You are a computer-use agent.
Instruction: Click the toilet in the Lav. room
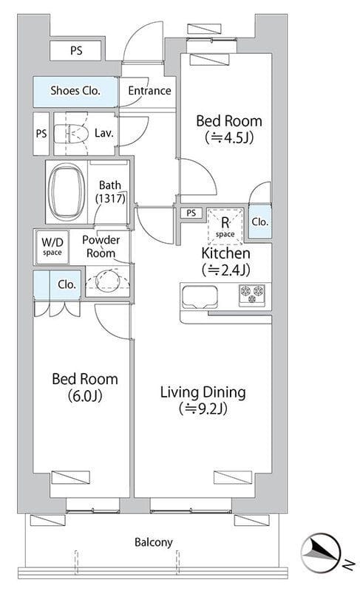[x=71, y=134]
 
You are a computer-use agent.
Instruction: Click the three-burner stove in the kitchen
[x=252, y=294]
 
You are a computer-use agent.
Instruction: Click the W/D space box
[x=52, y=247]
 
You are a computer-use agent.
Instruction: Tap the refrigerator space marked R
[x=225, y=225]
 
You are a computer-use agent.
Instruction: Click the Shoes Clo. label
[x=75, y=91]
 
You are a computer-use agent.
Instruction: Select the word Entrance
[x=149, y=91]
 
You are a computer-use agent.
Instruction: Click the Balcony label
[x=154, y=542]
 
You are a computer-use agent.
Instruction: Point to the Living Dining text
[x=203, y=392]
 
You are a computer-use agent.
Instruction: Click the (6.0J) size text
[x=85, y=396]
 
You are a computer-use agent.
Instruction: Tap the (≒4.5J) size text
[x=229, y=137]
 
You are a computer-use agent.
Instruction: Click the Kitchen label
[x=225, y=253]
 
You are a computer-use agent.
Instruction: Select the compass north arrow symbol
[x=320, y=552]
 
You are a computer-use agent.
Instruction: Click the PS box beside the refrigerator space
[x=191, y=213]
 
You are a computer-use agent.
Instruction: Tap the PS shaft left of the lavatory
[x=41, y=134]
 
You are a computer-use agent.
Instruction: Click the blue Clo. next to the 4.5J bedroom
[x=259, y=222]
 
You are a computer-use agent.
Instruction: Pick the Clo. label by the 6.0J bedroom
[x=67, y=284]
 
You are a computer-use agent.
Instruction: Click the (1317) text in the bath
[x=110, y=198]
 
